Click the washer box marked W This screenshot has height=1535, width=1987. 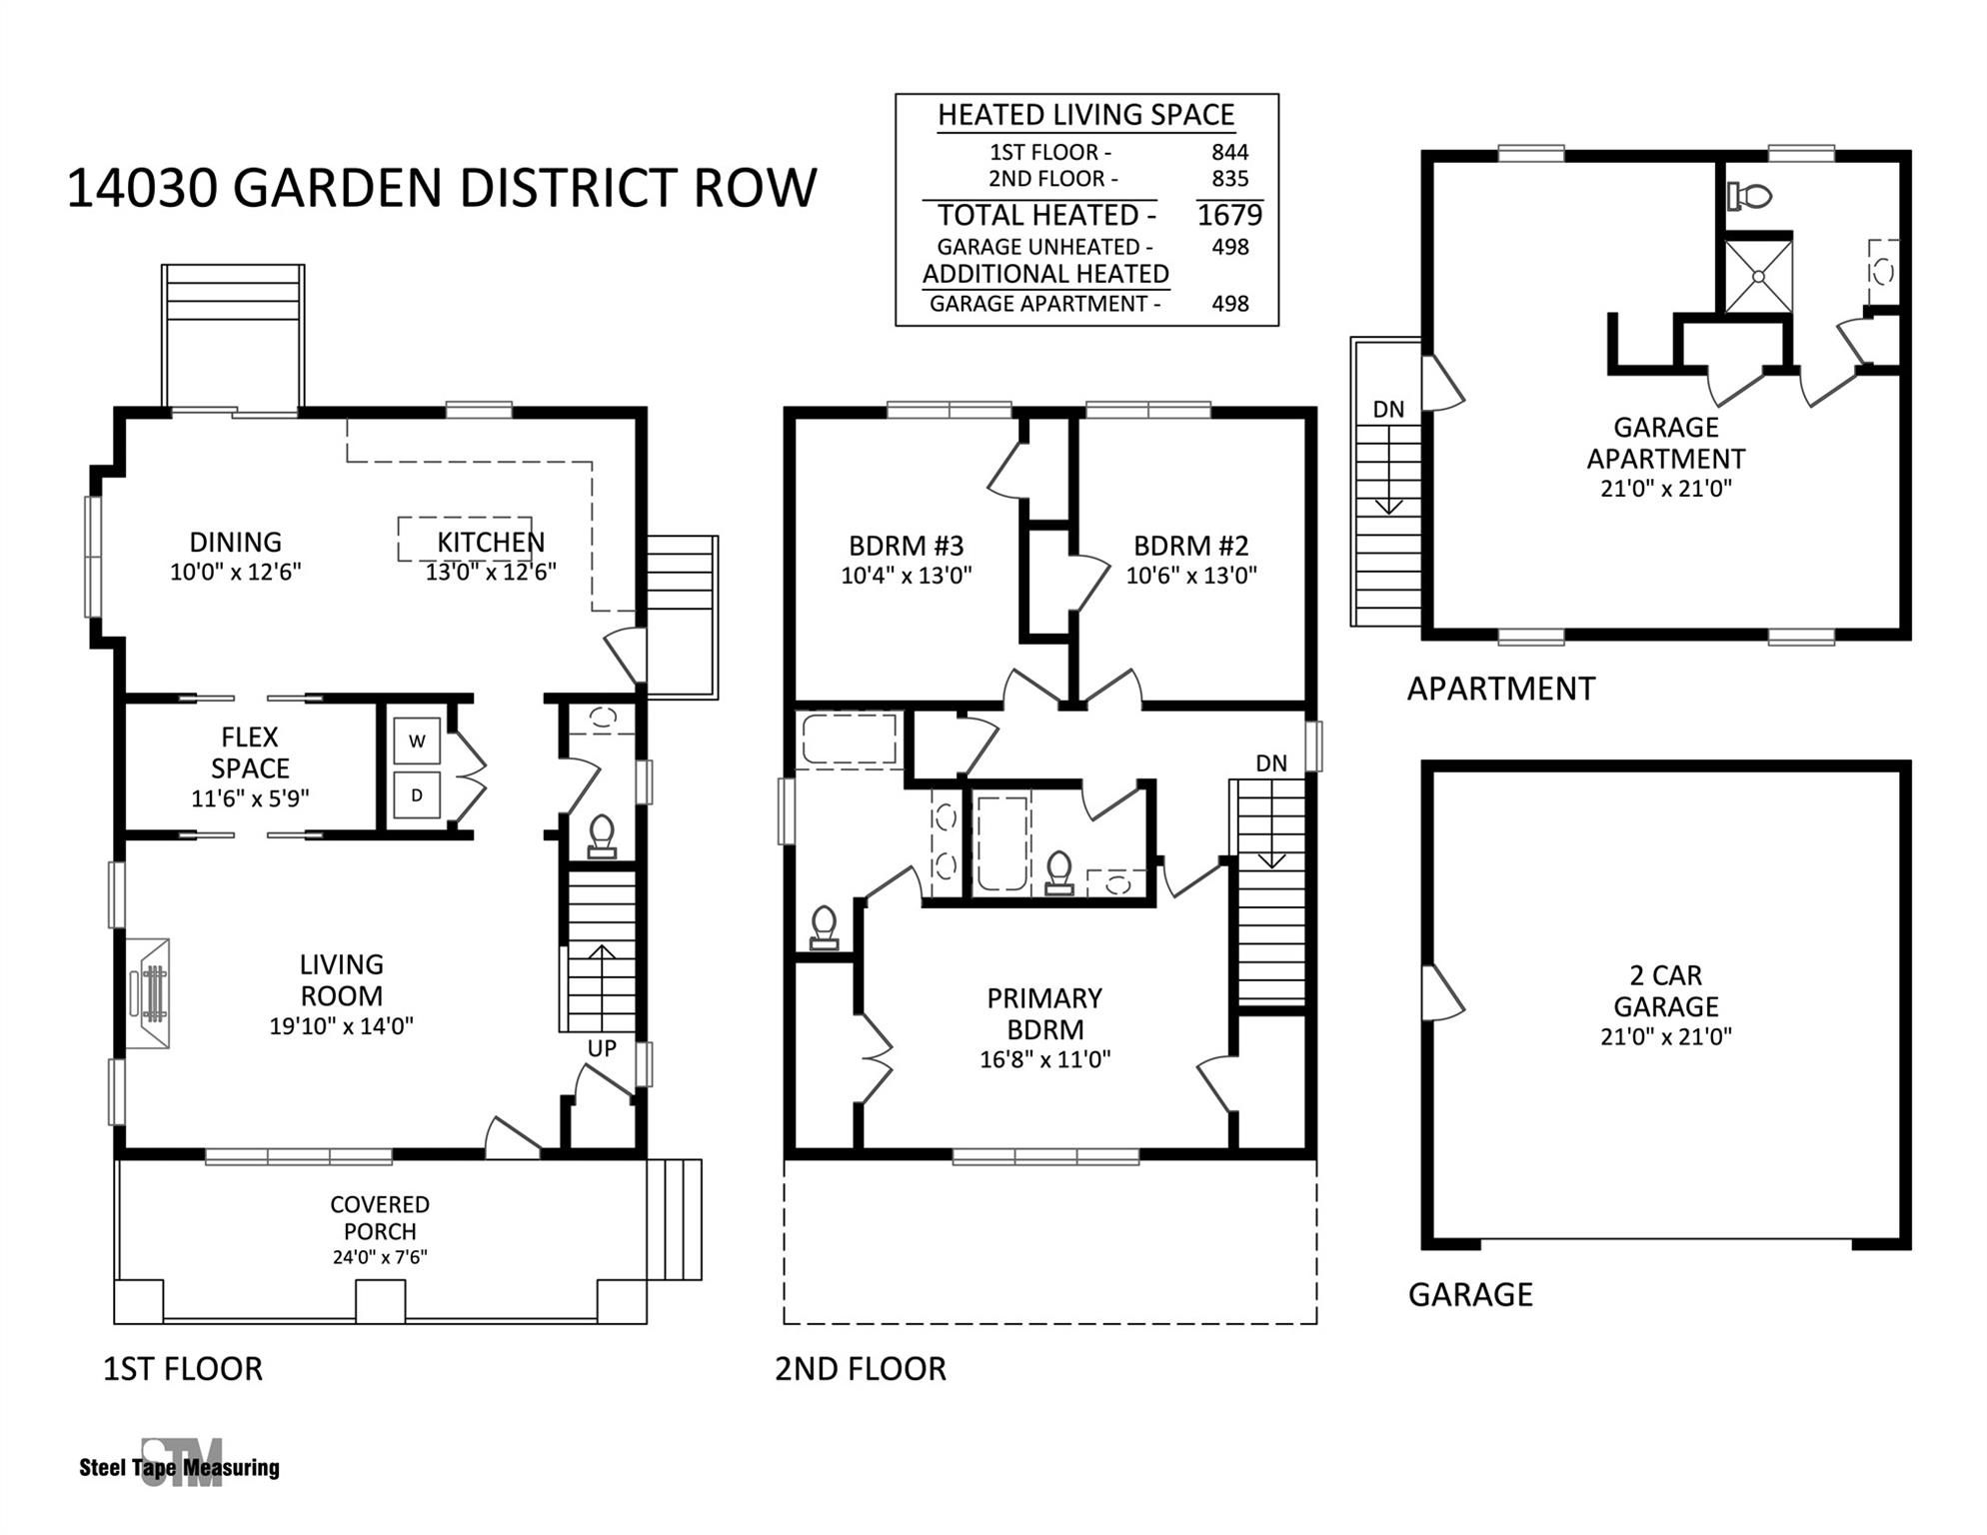[x=417, y=742]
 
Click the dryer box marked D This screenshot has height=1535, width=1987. [x=417, y=795]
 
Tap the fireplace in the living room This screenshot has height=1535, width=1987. [x=150, y=992]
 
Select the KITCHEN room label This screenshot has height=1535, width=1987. [x=491, y=543]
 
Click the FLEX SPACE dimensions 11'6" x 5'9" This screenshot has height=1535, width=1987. [x=250, y=798]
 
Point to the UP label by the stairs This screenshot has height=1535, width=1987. [x=602, y=1048]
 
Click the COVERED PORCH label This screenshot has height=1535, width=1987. [x=380, y=1218]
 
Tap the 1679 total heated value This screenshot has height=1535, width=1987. [x=1229, y=215]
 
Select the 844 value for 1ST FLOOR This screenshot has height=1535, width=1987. [x=1229, y=152]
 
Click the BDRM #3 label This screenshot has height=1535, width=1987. [x=906, y=546]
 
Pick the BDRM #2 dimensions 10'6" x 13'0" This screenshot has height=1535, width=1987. [x=1191, y=576]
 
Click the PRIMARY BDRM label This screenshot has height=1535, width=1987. [x=1044, y=1013]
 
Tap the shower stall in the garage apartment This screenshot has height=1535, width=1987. [x=1758, y=273]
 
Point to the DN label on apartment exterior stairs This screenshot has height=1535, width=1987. [x=1388, y=409]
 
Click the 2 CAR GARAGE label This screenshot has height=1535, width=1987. [x=1665, y=990]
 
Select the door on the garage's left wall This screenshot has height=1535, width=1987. [x=1440, y=993]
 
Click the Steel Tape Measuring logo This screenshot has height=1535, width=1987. [x=180, y=1465]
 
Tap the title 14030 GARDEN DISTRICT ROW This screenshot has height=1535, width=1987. [x=442, y=188]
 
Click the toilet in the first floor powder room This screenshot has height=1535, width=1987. [x=602, y=835]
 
